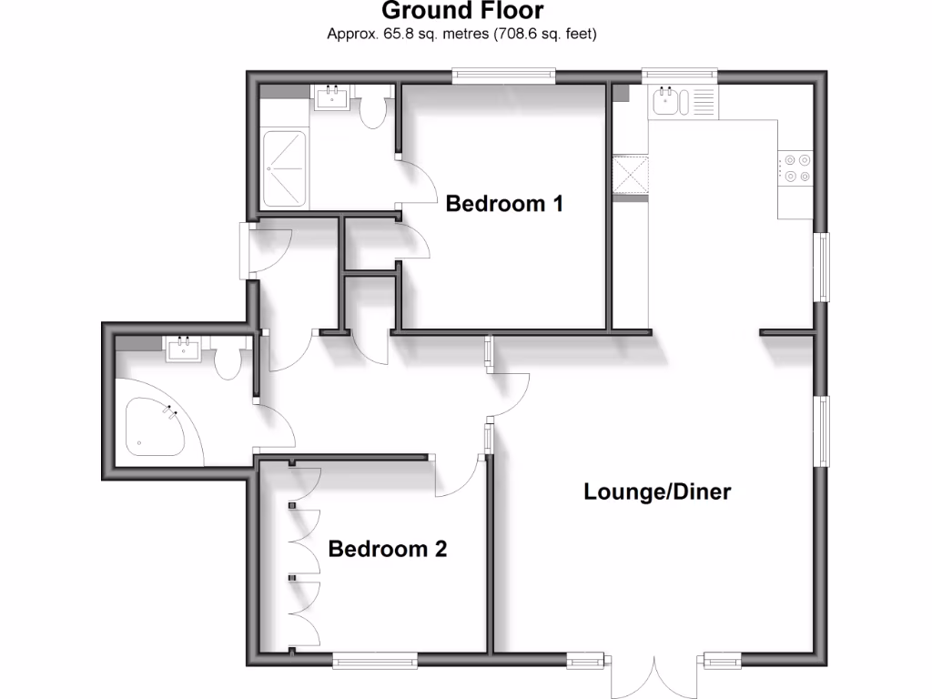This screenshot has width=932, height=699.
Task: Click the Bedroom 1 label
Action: click(x=503, y=204)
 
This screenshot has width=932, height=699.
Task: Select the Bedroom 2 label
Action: click(x=388, y=550)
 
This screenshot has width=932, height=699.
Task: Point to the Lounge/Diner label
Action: click(x=657, y=492)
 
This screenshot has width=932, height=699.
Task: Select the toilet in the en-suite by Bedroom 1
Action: click(x=373, y=108)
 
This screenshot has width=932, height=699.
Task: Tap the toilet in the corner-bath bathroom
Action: click(x=228, y=363)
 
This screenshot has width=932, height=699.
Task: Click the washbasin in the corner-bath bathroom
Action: click(x=185, y=349)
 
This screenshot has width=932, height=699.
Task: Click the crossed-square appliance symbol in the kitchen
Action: click(x=630, y=175)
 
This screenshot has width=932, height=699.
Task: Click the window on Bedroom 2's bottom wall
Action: click(x=369, y=659)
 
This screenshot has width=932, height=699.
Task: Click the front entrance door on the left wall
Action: click(x=246, y=251)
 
